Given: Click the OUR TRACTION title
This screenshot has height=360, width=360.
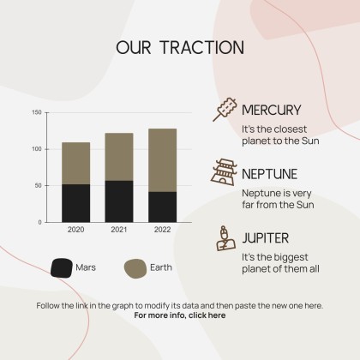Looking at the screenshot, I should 180,47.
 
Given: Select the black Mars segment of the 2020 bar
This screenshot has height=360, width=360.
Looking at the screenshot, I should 76,202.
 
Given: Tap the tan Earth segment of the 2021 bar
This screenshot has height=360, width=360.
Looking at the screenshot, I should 119,157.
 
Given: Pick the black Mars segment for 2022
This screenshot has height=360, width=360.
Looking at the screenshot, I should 162,207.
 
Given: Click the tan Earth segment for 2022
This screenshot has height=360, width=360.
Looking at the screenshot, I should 162,160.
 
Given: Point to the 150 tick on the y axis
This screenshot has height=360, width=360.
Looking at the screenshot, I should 36,112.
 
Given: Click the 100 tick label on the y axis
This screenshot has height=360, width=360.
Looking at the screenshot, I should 36,149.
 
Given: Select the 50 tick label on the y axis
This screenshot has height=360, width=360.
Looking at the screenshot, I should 38,185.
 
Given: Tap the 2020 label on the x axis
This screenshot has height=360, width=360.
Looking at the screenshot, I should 76,231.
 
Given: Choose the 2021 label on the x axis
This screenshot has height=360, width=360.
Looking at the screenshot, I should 119,231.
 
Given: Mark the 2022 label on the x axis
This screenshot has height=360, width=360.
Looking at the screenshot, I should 162,231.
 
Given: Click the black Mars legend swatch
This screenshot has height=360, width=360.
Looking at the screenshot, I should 61,267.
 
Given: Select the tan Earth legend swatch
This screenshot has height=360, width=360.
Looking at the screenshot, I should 135,267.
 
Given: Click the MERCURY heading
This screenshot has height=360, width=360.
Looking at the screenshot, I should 271,110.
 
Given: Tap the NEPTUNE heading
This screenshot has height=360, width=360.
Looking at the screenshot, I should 270,173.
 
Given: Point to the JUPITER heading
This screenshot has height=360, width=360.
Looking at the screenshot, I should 265,237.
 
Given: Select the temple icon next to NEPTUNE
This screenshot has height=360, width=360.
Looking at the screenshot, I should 222,173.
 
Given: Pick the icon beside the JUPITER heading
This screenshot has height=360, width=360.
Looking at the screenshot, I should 223,237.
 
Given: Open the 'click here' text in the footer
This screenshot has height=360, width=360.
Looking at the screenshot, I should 206,315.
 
